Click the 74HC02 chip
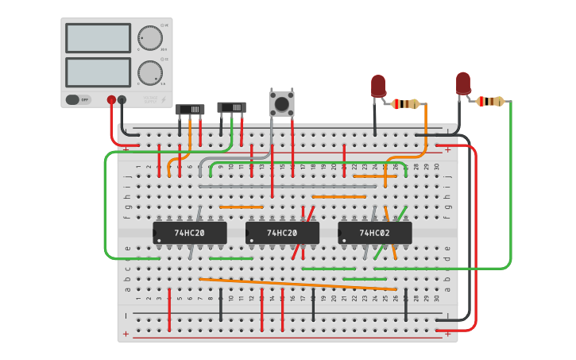pyautogui.click(x=374, y=233)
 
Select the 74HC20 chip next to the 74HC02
pyautogui.click(x=282, y=233)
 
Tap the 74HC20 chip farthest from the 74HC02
pyautogui.click(x=190, y=233)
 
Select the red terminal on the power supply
pyautogui.click(x=111, y=100)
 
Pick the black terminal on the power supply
pyautogui.click(x=122, y=100)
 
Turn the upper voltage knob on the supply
pyautogui.click(x=149, y=37)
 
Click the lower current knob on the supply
pyautogui.click(x=149, y=72)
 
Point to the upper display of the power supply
pyautogui.click(x=98, y=37)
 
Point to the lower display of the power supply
pyautogui.click(x=98, y=72)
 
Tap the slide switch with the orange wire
pyautogui.click(x=190, y=110)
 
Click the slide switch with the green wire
pyautogui.click(x=232, y=107)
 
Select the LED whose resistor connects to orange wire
pyautogui.click(x=378, y=85)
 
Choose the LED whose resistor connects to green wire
pyautogui.click(x=463, y=83)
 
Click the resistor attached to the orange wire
pyautogui.click(x=406, y=103)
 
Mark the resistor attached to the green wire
pyautogui.click(x=491, y=101)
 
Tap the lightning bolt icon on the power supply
pyautogui.click(x=164, y=99)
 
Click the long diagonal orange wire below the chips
pyautogui.click(x=298, y=284)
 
